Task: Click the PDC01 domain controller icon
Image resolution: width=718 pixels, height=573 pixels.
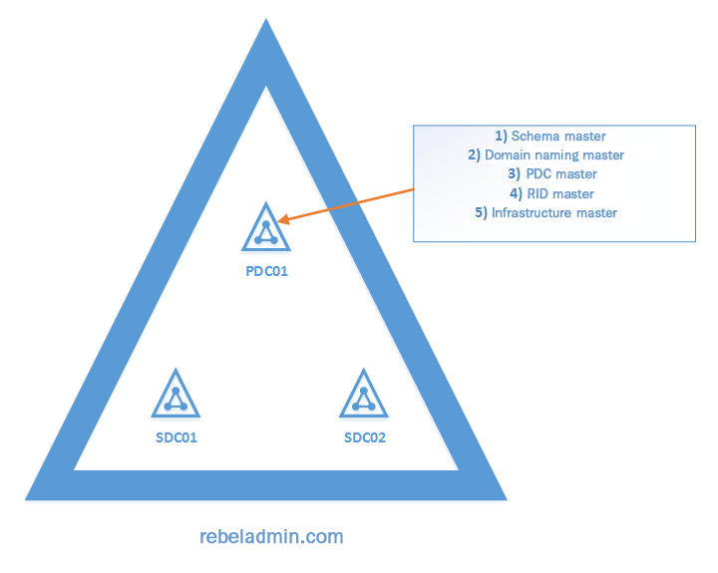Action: pyautogui.click(x=265, y=228)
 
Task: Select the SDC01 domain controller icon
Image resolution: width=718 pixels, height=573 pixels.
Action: pyautogui.click(x=177, y=395)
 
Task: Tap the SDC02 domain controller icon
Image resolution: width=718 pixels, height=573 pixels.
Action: pyautogui.click(x=364, y=395)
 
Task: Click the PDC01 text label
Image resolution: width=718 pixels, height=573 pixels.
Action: pyautogui.click(x=266, y=270)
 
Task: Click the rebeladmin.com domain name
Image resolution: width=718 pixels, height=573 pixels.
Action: pyautogui.click(x=271, y=536)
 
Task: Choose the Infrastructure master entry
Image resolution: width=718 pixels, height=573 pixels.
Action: pyautogui.click(x=547, y=212)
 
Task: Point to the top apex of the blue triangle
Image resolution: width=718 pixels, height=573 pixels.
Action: pyautogui.click(x=265, y=25)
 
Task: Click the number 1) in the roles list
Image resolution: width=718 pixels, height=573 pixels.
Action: pyautogui.click(x=502, y=136)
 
